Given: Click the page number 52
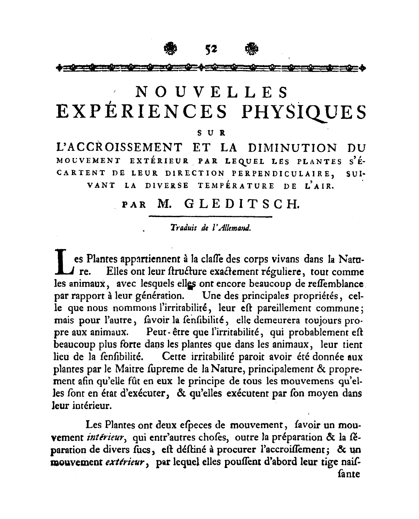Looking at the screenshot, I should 211,48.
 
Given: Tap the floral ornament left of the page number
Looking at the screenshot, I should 170,48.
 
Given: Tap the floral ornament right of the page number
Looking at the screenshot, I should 252,48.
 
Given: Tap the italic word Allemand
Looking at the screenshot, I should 235,228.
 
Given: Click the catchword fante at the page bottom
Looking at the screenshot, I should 349,475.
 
